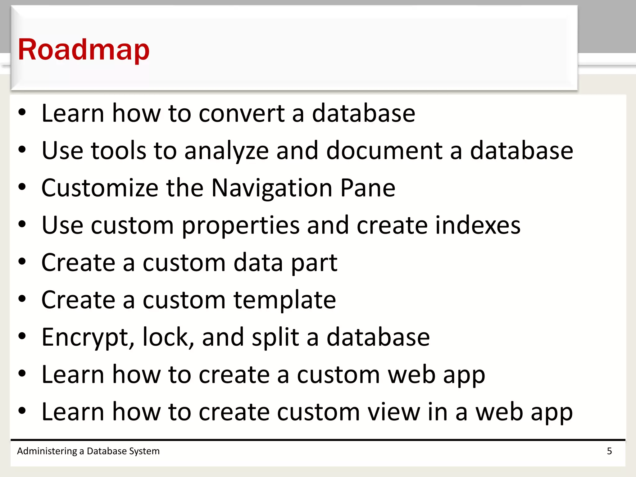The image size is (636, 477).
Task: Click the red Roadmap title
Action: tap(84, 50)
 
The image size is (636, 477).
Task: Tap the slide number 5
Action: tap(609, 451)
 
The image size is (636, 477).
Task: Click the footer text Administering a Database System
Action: tap(88, 451)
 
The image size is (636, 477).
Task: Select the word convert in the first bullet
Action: tap(242, 113)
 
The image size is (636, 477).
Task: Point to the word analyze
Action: tap(226, 151)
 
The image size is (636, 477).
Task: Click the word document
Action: tap(384, 151)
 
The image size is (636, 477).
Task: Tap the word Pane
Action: tap(368, 188)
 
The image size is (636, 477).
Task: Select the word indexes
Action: tap(478, 225)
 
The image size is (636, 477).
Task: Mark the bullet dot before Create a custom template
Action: tap(22, 299)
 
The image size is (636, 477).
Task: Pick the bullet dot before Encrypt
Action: tap(22, 336)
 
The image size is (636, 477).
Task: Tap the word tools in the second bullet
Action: tap(118, 151)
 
